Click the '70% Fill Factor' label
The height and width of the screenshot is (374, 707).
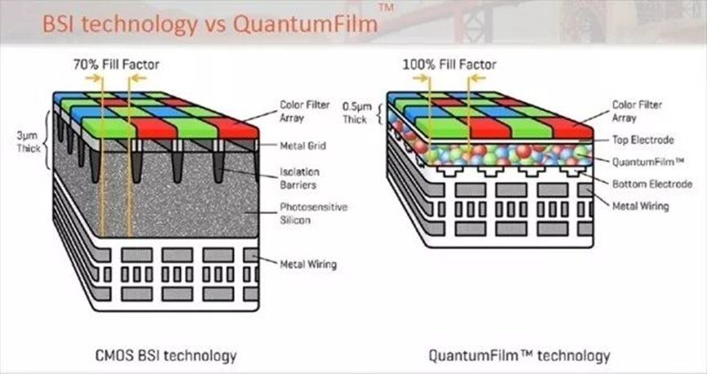point(116,65)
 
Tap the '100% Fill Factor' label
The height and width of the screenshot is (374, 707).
point(449,65)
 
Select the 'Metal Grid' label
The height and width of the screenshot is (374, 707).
point(302,145)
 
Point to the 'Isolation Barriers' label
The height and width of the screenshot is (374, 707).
point(299,178)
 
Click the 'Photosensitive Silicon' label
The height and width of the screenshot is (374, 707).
point(313,213)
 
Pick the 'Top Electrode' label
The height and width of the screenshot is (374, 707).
point(643,140)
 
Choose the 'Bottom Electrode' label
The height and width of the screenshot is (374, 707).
point(652,184)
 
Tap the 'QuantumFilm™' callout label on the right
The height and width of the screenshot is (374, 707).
point(648,162)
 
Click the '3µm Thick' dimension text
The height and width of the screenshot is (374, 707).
point(29,141)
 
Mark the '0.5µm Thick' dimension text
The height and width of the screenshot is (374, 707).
point(357,113)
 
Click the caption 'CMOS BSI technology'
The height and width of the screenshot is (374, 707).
point(166,355)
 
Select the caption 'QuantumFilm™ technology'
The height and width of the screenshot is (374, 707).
point(519,355)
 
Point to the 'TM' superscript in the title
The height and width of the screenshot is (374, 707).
point(386,7)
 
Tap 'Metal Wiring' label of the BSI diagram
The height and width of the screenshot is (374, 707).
point(308,264)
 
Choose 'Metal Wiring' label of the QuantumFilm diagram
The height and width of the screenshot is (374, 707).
point(640,206)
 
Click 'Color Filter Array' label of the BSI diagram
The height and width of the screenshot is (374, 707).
point(305,111)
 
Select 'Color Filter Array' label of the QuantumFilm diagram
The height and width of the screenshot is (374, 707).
point(637,111)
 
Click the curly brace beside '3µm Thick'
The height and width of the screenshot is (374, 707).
point(47,140)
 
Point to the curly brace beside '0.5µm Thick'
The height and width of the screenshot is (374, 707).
point(379,114)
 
